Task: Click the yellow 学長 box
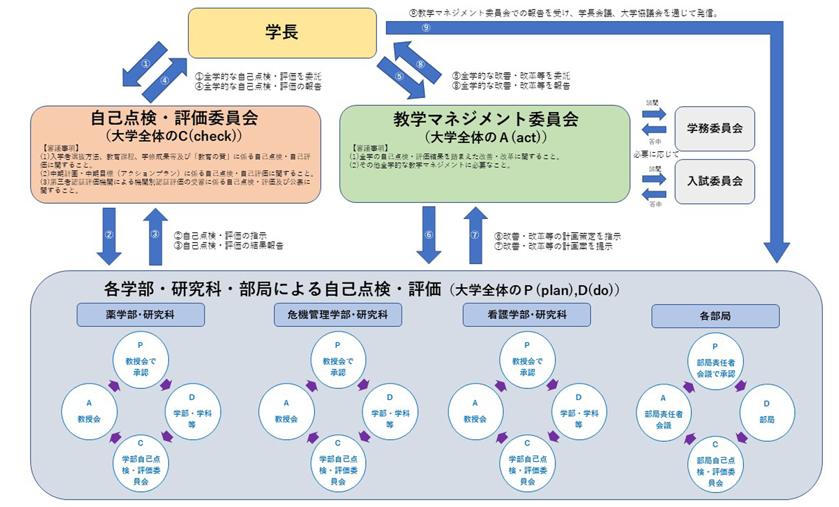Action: click(x=282, y=33)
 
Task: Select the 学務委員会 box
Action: click(x=714, y=128)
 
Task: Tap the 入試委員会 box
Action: click(x=714, y=181)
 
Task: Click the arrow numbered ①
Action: click(x=144, y=64)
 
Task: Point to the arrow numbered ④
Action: click(x=165, y=80)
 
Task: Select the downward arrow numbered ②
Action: click(x=109, y=235)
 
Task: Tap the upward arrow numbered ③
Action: click(x=155, y=235)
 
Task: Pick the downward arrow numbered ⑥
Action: click(x=429, y=235)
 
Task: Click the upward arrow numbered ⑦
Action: click(x=475, y=235)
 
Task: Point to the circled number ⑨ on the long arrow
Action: click(x=426, y=28)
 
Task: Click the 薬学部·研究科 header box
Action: click(x=140, y=314)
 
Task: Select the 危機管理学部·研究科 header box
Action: click(x=337, y=314)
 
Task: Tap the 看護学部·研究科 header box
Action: click(x=527, y=314)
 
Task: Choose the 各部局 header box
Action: click(x=715, y=316)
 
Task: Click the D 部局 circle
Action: click(x=767, y=413)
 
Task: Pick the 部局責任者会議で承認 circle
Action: click(x=715, y=361)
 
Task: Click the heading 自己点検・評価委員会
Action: click(x=174, y=118)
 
